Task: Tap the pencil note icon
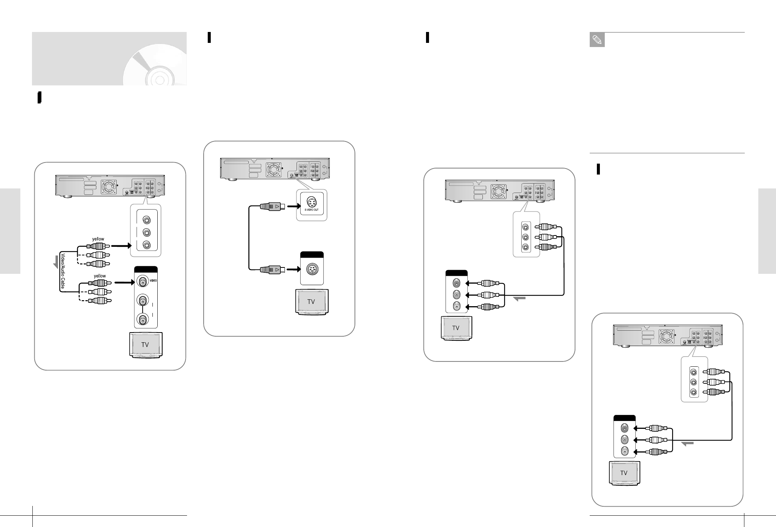click(597, 40)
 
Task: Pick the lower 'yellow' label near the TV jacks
click(100, 276)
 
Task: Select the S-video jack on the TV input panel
click(312, 269)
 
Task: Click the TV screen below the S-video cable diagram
click(311, 302)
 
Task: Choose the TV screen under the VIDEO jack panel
click(145, 344)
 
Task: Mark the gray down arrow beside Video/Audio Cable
click(56, 262)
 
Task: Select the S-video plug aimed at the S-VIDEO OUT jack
click(269, 207)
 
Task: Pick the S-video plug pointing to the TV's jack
click(269, 269)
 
